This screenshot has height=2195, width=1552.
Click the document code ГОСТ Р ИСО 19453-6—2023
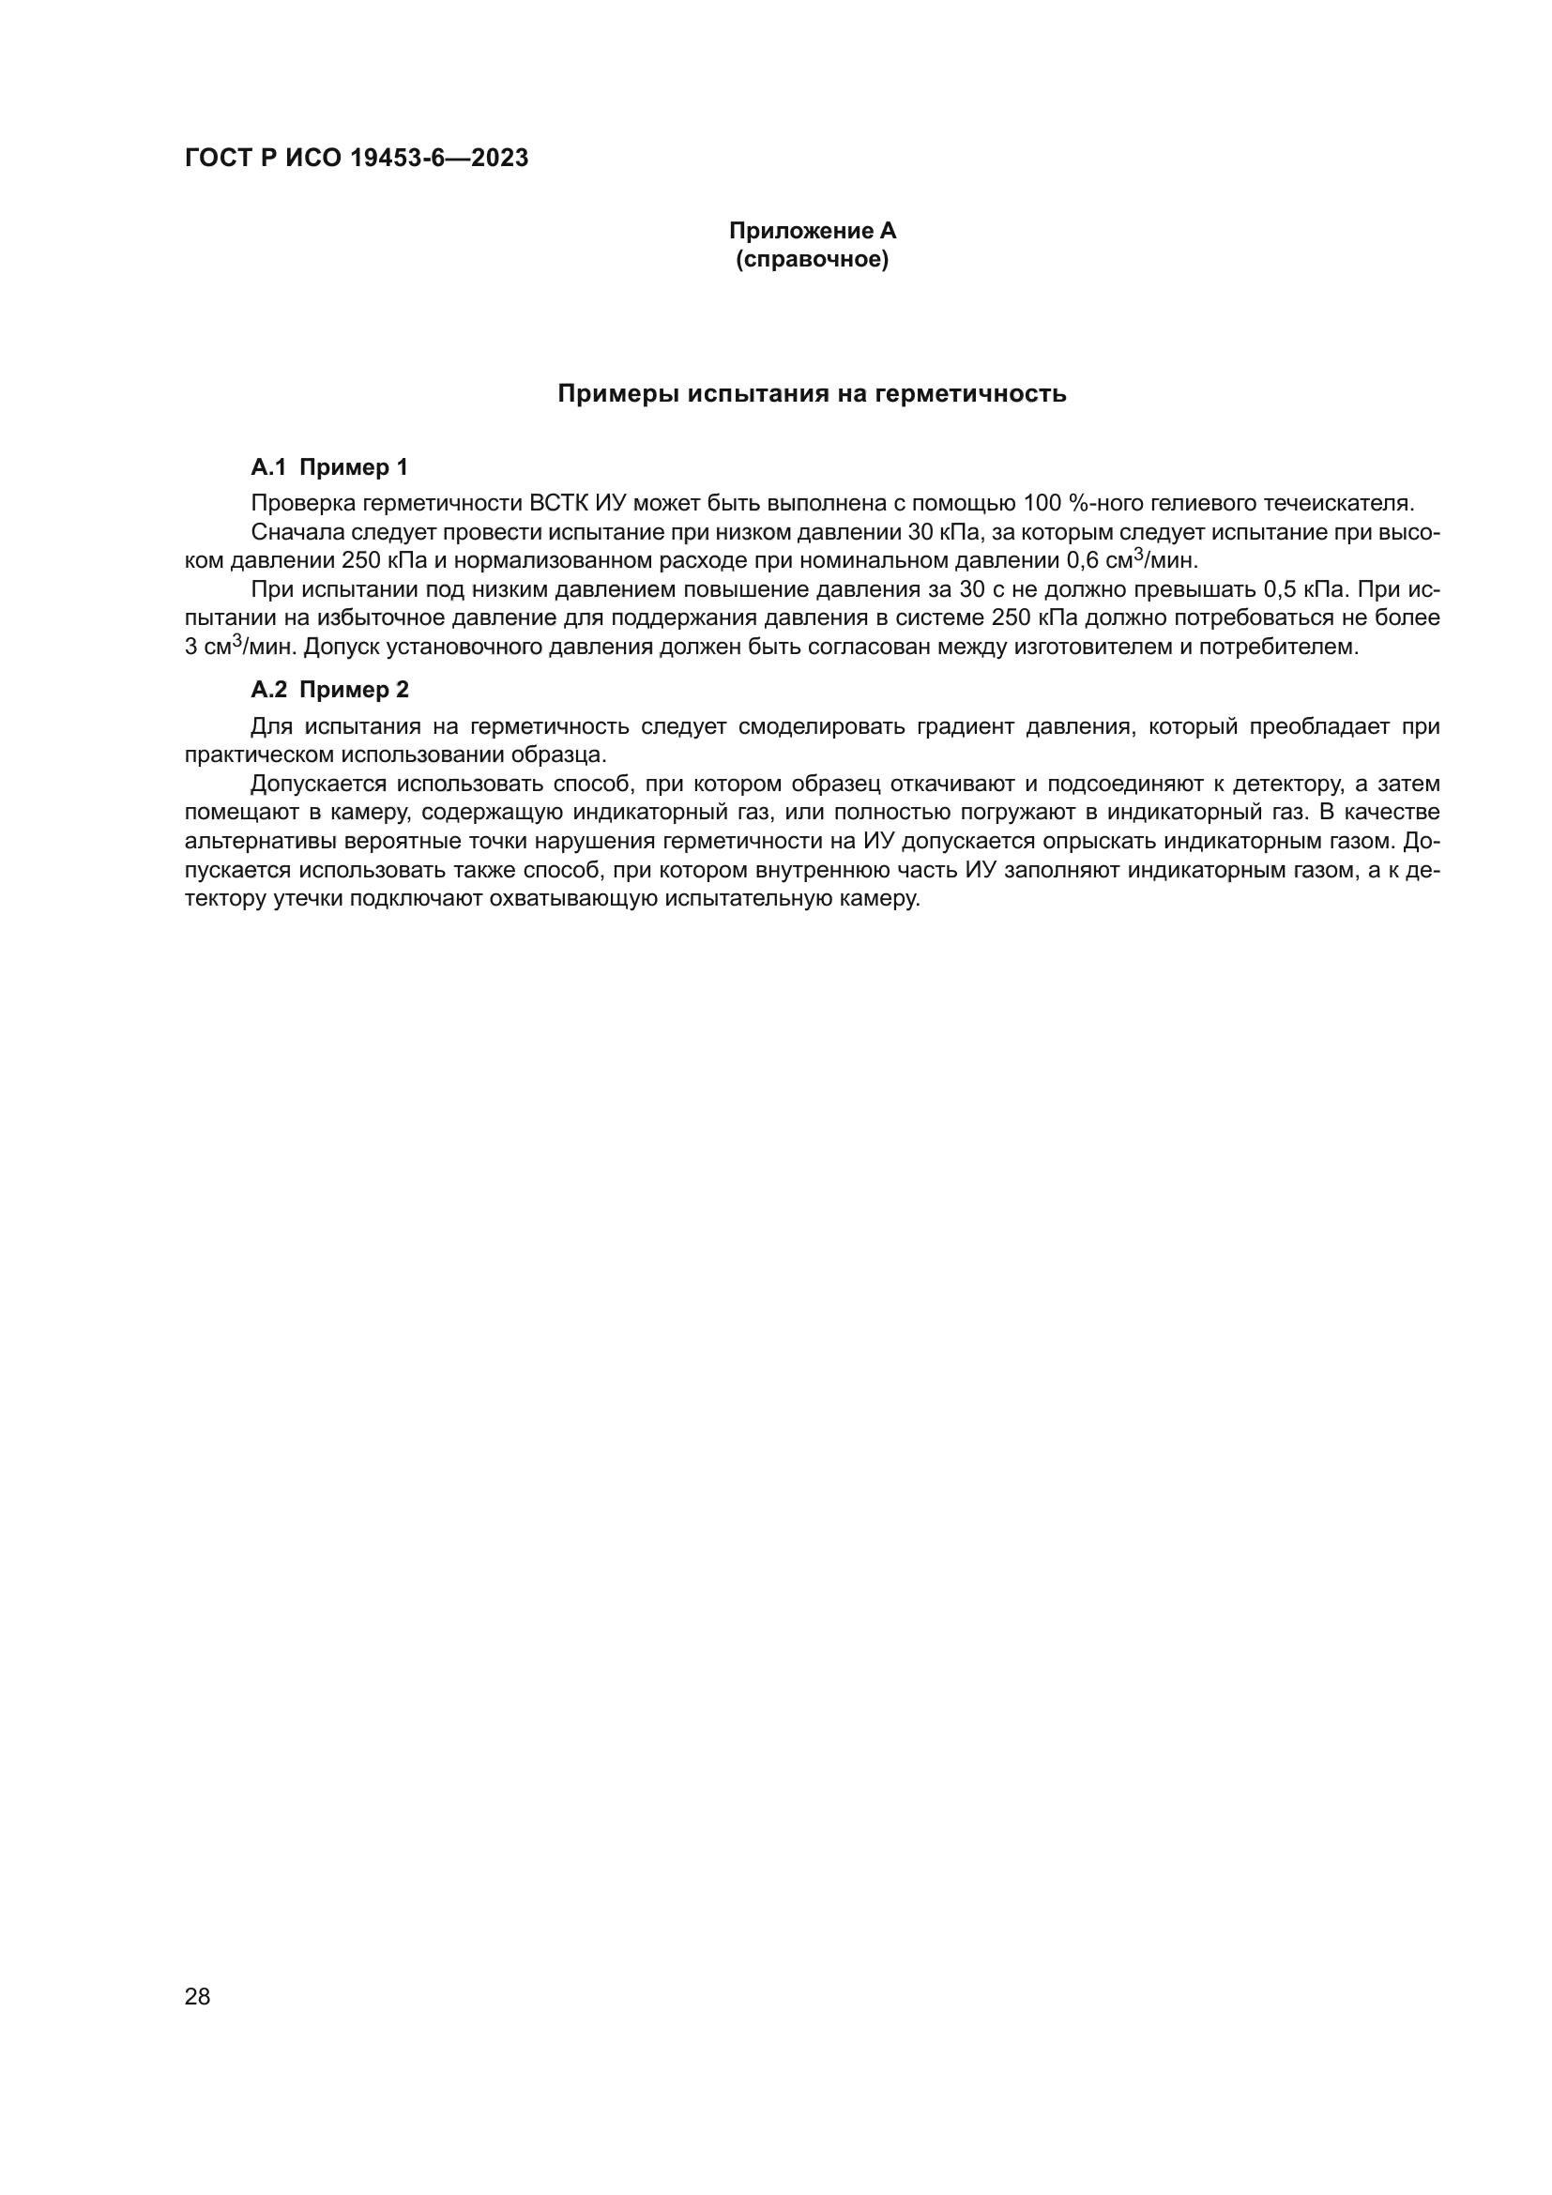357,159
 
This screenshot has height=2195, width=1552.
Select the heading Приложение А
813,231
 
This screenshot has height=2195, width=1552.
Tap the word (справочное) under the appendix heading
813,259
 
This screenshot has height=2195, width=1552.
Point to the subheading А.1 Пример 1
329,467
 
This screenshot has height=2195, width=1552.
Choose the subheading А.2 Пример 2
329,690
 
